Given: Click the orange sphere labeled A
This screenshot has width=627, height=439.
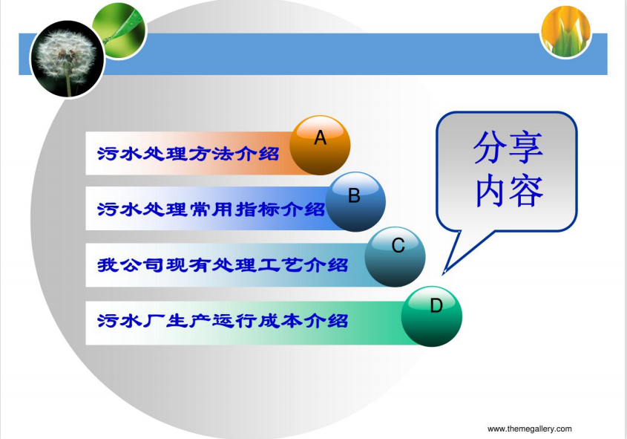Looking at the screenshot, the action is pyautogui.click(x=320, y=146).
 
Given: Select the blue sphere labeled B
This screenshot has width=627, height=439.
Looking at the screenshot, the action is pyautogui.click(x=355, y=202).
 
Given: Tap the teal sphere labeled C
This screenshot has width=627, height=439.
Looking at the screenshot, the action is pyautogui.click(x=395, y=257).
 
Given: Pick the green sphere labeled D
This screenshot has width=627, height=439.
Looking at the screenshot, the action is pyautogui.click(x=432, y=316).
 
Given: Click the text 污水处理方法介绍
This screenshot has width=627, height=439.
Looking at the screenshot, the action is pyautogui.click(x=188, y=154).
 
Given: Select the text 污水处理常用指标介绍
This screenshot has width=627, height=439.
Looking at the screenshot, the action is pyautogui.click(x=211, y=209).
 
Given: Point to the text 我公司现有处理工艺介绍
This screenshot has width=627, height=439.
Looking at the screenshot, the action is pyautogui.click(x=223, y=265).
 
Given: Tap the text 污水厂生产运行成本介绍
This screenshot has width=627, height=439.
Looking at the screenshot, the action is pyautogui.click(x=223, y=321).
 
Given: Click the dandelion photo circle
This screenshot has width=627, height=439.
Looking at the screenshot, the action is pyautogui.click(x=68, y=59).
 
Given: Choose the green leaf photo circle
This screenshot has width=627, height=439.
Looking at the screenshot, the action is pyautogui.click(x=119, y=30).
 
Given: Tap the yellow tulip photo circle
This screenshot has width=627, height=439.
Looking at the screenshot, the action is pyautogui.click(x=566, y=32).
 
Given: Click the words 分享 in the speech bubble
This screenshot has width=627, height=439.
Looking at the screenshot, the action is pyautogui.click(x=508, y=147).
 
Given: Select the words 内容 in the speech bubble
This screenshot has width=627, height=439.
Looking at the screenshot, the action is pyautogui.click(x=509, y=190).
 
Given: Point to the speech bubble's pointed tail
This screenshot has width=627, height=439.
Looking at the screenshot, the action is pyautogui.click(x=444, y=273).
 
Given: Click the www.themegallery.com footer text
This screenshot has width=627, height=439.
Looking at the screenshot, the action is pyautogui.click(x=530, y=429).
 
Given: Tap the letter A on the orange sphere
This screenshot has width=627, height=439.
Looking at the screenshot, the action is pyautogui.click(x=320, y=137).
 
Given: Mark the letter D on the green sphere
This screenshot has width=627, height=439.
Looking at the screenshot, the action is pyautogui.click(x=436, y=306).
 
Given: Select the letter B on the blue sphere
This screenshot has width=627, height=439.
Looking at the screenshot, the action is pyautogui.click(x=354, y=195).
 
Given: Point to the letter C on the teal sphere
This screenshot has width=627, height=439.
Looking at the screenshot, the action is pyautogui.click(x=398, y=246).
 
